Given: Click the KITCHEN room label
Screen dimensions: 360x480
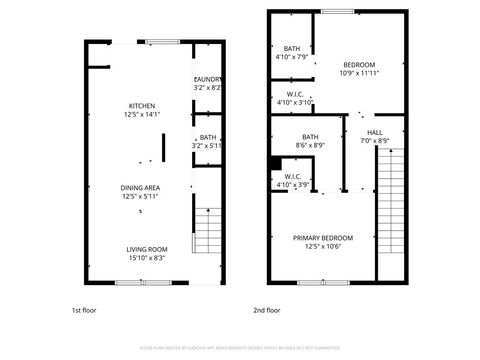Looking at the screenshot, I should tap(141, 106).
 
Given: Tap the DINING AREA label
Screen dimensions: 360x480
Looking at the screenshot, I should tap(141, 186).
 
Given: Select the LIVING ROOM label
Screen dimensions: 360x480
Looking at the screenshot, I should tap(146, 249).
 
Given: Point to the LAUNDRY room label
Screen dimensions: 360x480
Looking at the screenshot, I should tap(207, 80).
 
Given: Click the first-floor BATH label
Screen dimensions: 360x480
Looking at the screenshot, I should tap(207, 138).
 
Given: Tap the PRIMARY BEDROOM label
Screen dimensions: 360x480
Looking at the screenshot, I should tap(323, 238).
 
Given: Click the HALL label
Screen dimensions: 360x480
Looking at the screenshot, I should tap(374, 132).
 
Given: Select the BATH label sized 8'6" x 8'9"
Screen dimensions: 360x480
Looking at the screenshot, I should tap(310, 138).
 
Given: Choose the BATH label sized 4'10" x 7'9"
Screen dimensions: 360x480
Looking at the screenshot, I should tap(292, 49).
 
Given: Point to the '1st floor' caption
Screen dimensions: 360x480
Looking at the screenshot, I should tap(85, 310).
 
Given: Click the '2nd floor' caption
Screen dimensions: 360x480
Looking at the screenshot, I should tap(266, 310).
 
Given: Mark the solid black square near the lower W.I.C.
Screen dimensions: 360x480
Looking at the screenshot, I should tap(273, 162).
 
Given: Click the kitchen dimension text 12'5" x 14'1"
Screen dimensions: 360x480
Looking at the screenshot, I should tap(141, 115).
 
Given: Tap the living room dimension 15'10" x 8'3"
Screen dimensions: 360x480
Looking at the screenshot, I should tap(146, 258).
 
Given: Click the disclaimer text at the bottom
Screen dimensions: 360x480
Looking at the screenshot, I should tap(239, 349).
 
